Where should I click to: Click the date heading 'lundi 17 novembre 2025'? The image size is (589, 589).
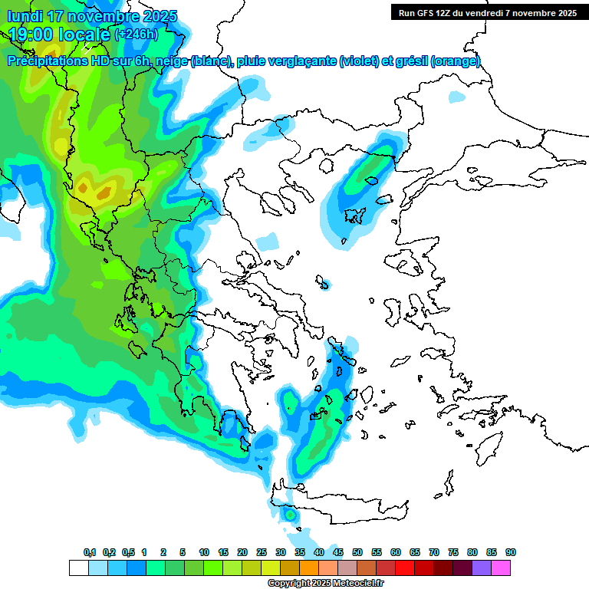pos(92,16)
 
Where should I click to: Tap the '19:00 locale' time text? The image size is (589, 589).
pos(60,34)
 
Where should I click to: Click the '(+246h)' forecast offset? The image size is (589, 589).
pos(137,35)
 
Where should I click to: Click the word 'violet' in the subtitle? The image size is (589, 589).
pos(358,61)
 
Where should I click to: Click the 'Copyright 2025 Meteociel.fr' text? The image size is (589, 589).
pos(325,584)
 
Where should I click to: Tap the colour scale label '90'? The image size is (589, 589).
pos(511,553)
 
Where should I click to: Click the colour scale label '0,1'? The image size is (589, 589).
pos(89,553)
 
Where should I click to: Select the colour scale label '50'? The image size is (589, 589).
pos(357,553)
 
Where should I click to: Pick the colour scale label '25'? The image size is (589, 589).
pos(262,553)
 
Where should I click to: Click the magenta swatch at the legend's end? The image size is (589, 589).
pos(501,568)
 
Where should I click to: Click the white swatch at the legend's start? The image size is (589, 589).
pos(78,568)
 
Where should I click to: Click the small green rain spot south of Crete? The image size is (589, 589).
pos(290,515)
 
